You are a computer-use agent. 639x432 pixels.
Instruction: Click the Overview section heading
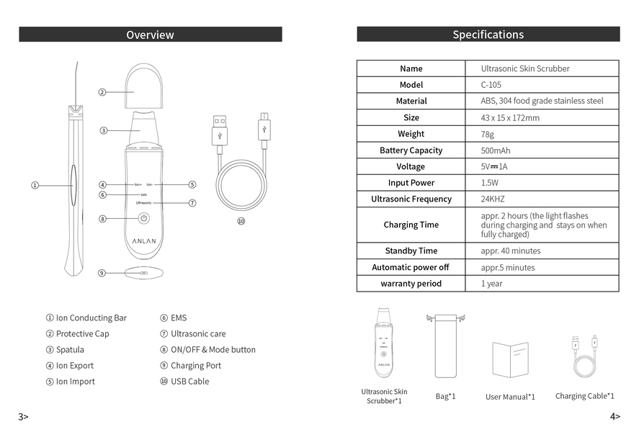[150, 35]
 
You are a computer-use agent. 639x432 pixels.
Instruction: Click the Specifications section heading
[488, 35]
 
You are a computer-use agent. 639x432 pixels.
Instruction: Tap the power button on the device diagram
[144, 218]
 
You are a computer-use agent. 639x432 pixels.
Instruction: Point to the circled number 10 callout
[241, 221]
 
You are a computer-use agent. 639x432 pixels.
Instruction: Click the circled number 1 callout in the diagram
[35, 185]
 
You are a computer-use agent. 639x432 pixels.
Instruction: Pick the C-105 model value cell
[491, 85]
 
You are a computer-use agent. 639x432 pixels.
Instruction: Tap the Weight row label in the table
[411, 134]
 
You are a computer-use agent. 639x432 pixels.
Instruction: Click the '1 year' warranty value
[492, 284]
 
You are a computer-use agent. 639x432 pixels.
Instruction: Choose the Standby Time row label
[411, 251]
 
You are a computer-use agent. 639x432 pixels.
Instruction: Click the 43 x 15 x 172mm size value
[510, 117]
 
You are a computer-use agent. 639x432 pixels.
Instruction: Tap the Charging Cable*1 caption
[584, 396]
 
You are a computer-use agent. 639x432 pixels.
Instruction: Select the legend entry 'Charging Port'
[195, 366]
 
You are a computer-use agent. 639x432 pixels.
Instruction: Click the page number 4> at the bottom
[615, 416]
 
